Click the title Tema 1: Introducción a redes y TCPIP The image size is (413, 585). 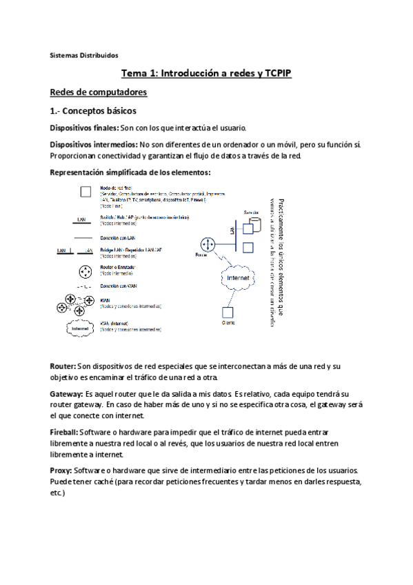[x=206, y=73]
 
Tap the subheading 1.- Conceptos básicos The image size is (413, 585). [x=93, y=110]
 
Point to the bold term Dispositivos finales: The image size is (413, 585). [x=84, y=128]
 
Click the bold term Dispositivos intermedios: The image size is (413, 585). [x=94, y=144]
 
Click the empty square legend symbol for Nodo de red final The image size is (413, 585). [x=85, y=192]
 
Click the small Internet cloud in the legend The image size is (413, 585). [x=81, y=329]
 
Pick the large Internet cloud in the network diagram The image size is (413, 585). [x=238, y=277]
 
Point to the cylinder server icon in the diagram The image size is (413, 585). [x=254, y=225]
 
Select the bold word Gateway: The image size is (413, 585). [x=67, y=393]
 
